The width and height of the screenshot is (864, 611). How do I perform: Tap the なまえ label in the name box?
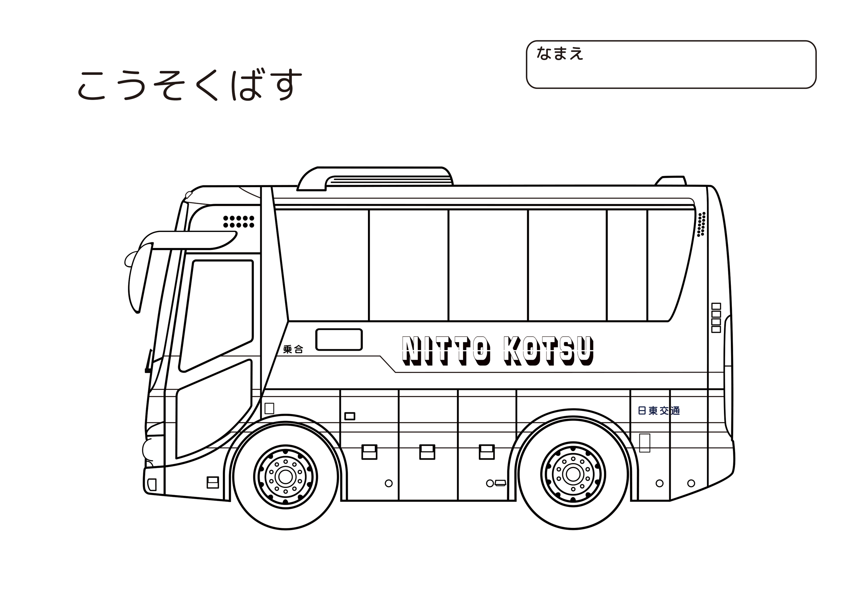pos(559,53)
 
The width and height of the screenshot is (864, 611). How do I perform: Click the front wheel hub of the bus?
pos(285,477)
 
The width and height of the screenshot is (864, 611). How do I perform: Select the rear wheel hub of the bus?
pos(573,474)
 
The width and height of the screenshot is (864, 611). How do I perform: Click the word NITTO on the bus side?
pos(446,350)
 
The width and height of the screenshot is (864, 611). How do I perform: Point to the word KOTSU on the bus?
pos(549,350)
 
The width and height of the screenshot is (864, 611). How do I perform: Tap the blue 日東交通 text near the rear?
pos(659,411)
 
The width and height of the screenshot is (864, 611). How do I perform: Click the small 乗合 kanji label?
pos(293,349)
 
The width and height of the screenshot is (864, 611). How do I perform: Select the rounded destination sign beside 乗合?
pos(339,340)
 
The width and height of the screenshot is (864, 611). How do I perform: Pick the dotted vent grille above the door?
pos(239,222)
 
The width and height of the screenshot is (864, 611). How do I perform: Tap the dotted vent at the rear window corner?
pos(701,224)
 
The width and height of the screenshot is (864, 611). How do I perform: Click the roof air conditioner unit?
pos(375,179)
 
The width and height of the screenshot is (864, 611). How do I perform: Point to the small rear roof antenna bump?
pos(671,181)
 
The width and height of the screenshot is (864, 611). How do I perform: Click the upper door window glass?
pos(216,315)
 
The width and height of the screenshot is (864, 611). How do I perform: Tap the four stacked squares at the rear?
pos(716,318)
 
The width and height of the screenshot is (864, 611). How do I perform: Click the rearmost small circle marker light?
pos(691,484)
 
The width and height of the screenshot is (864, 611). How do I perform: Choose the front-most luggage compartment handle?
pos(369,452)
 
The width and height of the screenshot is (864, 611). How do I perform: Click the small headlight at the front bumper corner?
pos(152,485)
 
